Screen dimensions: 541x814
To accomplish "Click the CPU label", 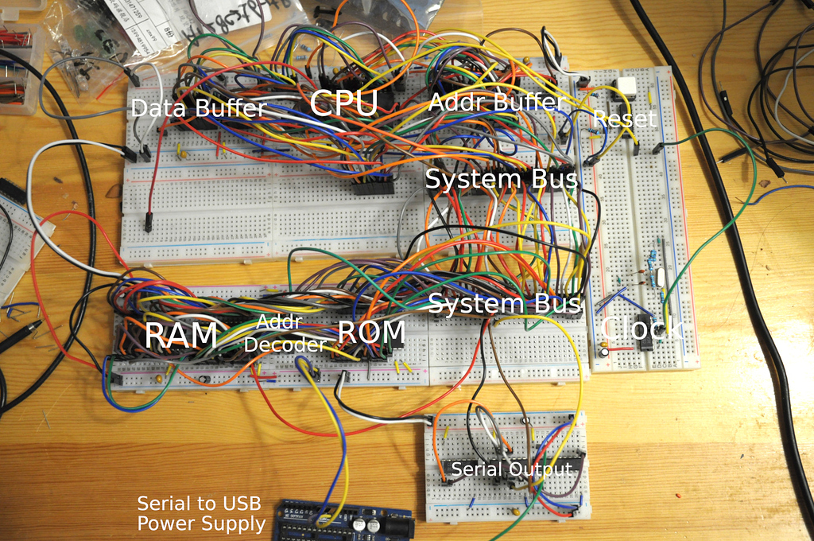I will pos(343,104).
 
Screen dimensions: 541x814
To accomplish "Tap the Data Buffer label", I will pos(198,108).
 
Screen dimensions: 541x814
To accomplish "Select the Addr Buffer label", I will pos(496,102).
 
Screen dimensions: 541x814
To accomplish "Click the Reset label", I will pos(625,119).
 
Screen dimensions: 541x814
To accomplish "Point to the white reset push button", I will pos(626,88).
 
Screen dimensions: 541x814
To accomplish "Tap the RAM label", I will pos(180,335).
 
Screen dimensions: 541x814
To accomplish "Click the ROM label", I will pos(371,332).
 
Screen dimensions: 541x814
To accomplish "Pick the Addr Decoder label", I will pos(285,333).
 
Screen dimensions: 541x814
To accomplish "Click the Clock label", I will pos(640,328).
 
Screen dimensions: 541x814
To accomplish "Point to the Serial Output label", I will pos(511,469).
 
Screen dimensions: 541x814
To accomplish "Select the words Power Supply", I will pos(201,523).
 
